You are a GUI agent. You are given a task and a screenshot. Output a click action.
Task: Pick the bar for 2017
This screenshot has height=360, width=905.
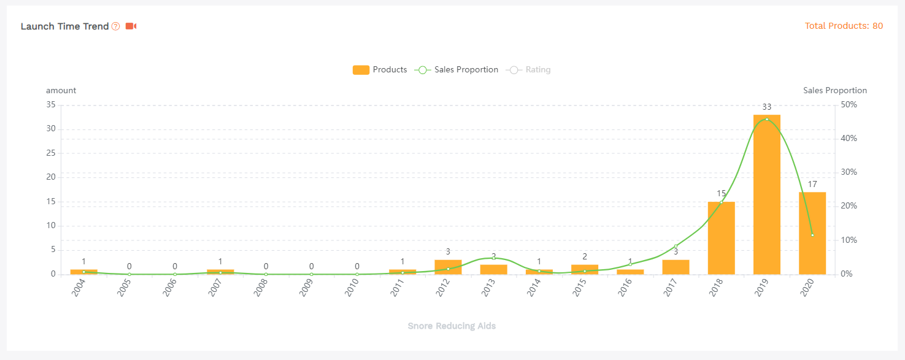pyautogui.click(x=676, y=267)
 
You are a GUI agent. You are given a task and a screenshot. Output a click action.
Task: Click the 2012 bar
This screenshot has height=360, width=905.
pyautogui.click(x=448, y=267)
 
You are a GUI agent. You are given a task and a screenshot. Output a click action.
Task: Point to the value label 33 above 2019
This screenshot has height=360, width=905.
pyautogui.click(x=766, y=107)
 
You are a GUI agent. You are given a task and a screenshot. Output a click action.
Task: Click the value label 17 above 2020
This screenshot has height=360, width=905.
pyautogui.click(x=812, y=184)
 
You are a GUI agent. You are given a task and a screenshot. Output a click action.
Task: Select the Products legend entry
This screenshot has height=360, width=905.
pyautogui.click(x=380, y=70)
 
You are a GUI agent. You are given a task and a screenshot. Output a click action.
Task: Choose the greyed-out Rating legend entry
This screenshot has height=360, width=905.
pyautogui.click(x=528, y=70)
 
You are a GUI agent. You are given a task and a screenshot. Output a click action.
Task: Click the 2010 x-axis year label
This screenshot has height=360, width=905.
pyautogui.click(x=352, y=288)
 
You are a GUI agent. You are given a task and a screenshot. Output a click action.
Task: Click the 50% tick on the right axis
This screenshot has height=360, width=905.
pyautogui.click(x=849, y=105)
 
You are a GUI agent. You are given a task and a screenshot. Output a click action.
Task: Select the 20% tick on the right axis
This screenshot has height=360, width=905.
pyautogui.click(x=849, y=206)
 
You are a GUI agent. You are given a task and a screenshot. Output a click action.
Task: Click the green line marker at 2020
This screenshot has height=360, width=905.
pyautogui.click(x=812, y=235)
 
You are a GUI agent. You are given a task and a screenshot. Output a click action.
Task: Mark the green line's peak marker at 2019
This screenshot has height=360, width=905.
pyautogui.click(x=767, y=119)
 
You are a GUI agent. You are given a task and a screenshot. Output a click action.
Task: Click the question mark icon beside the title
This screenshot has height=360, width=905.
pyautogui.click(x=116, y=26)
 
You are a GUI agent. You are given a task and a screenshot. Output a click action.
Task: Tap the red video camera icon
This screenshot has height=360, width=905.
pyautogui.click(x=131, y=26)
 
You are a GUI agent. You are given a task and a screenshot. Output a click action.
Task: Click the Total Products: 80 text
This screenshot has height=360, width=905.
pyautogui.click(x=844, y=26)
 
